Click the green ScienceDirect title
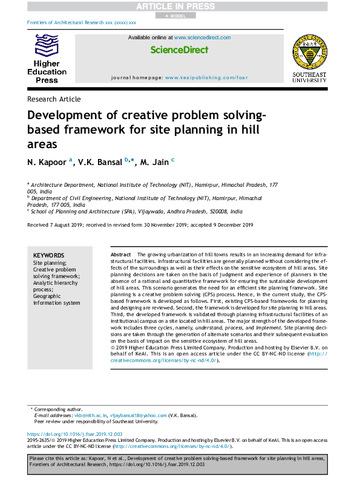[178, 50]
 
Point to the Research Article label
[54, 99]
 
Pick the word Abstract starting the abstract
[121, 256]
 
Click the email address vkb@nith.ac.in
[90, 415]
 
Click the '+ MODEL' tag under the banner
[175, 16]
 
